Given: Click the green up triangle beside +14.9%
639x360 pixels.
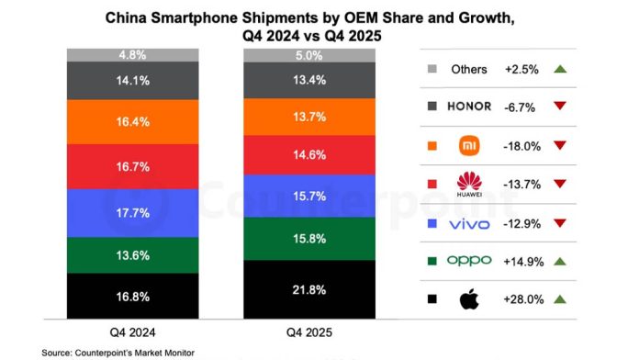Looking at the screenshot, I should click(561, 261).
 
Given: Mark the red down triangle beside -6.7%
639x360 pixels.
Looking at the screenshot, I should click(561, 107).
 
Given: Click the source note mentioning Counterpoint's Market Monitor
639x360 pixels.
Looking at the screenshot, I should click(118, 352).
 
